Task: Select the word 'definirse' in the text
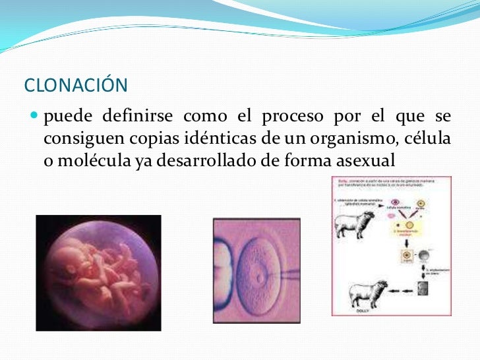pos(138,117)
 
